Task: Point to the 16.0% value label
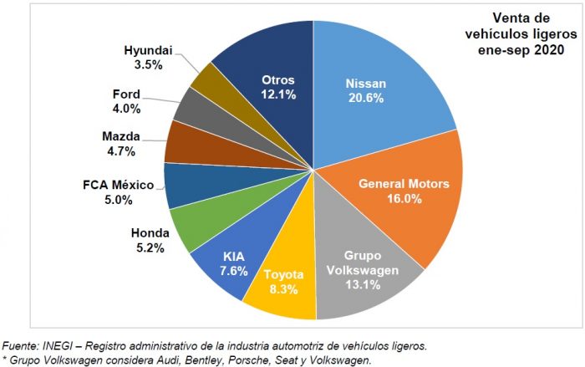(404, 198)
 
